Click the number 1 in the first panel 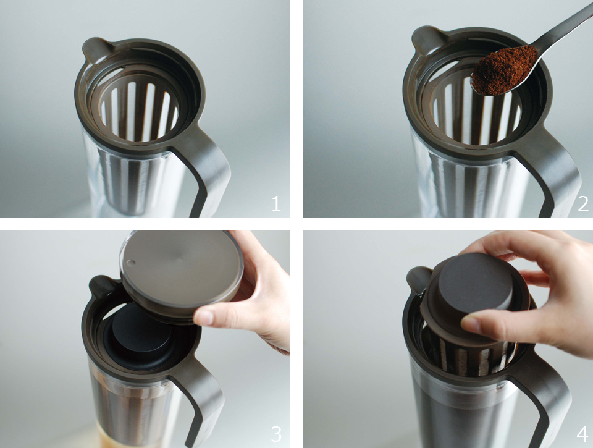tap(277, 204)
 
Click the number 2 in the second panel tap(582, 204)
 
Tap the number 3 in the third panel tap(277, 434)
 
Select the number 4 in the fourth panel tap(582, 434)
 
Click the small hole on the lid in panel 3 tap(131, 263)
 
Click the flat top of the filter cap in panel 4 tap(477, 279)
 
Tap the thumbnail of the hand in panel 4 tap(471, 324)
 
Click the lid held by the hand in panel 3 tap(182, 274)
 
